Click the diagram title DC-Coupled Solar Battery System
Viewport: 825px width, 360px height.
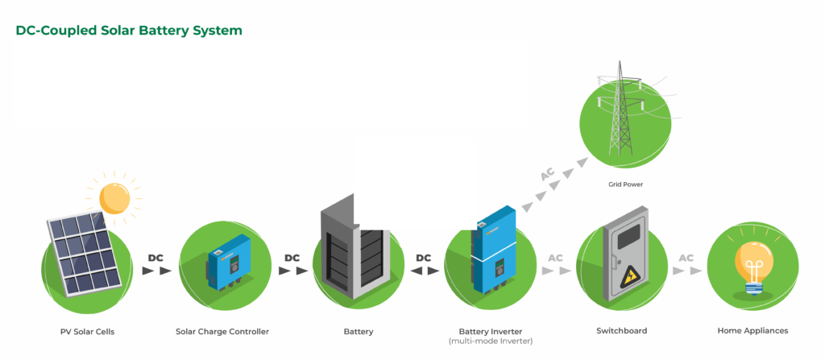point(129,31)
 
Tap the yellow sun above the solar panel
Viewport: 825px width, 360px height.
point(114,196)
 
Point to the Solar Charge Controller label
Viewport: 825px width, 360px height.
point(222,331)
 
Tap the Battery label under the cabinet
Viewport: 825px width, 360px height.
point(359,331)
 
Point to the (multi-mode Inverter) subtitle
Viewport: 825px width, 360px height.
point(491,341)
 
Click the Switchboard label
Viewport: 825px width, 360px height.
point(621,331)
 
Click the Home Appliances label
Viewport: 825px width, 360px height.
point(752,331)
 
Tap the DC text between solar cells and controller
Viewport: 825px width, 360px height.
point(156,258)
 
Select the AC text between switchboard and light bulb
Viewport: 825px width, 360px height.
point(686,258)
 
